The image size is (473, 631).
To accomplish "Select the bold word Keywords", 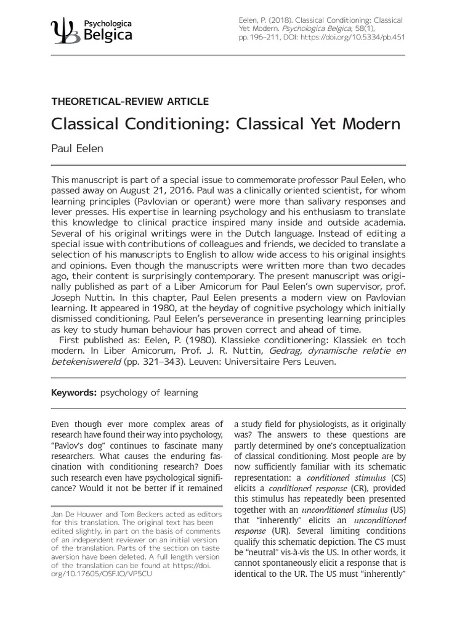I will click(x=74, y=392).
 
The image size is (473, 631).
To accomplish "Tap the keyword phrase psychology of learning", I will click(x=149, y=392).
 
